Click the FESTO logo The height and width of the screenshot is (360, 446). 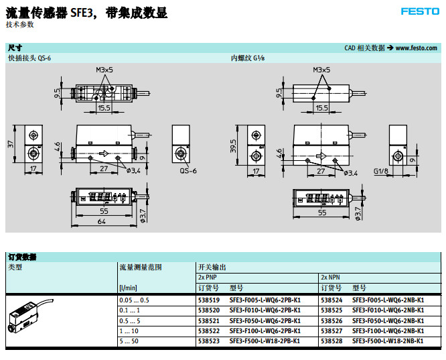click(x=420, y=11)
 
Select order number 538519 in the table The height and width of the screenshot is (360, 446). click(x=208, y=300)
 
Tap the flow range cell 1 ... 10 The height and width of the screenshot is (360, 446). click(x=129, y=331)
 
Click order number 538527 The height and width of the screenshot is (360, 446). click(x=331, y=331)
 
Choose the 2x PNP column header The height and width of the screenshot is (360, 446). click(x=208, y=277)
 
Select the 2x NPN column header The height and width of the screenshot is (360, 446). click(x=331, y=277)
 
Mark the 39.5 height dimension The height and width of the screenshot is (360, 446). click(x=232, y=145)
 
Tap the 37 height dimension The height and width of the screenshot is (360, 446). click(x=11, y=144)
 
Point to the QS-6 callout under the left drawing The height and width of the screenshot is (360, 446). click(x=188, y=171)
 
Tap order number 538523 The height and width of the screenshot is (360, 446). click(x=208, y=341)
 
